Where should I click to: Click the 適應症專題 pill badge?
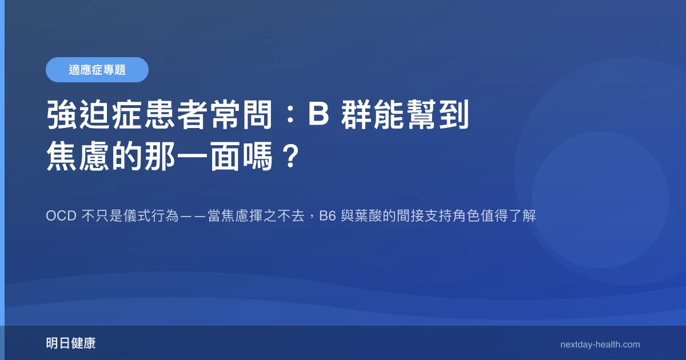point(97,70)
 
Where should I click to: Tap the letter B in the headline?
point(318,114)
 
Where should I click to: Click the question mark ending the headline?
point(291,156)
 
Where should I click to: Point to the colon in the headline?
point(290,115)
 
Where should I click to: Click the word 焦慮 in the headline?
point(78,156)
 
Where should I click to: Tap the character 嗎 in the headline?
point(257,156)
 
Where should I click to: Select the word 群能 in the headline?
point(372,114)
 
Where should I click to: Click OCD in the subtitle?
point(61,216)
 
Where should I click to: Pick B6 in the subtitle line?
point(328,216)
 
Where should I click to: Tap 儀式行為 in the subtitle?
point(151,216)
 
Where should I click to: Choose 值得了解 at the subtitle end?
point(508,216)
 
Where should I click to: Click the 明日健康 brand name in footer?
point(71,343)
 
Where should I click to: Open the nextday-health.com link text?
point(600,345)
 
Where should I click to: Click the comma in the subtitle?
point(312,218)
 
